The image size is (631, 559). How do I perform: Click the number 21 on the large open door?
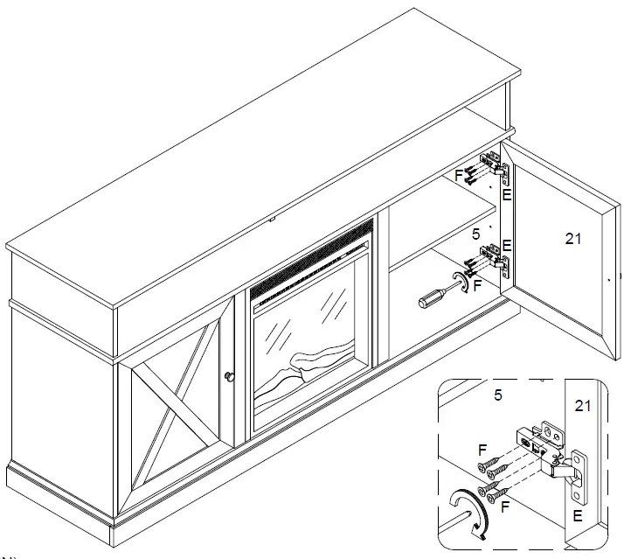573,237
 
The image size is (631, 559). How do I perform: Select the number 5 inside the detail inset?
497,395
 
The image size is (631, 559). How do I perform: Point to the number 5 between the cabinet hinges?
475,234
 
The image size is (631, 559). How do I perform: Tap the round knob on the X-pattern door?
230,375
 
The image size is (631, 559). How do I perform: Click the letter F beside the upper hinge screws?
460,175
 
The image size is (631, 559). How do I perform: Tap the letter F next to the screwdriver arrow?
476,284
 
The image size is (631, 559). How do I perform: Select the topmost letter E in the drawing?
507,195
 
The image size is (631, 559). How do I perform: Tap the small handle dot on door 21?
608,281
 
